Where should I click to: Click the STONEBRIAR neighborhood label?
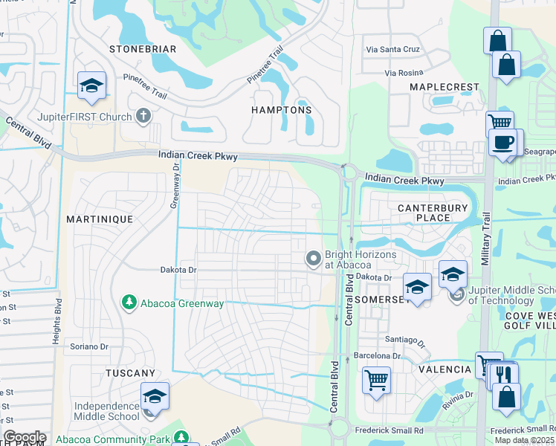pyautogui.click(x=143, y=49)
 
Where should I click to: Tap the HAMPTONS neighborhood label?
pyautogui.click(x=281, y=109)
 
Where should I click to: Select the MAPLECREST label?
pyautogui.click(x=445, y=87)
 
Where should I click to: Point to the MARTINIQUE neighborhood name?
pyautogui.click(x=99, y=219)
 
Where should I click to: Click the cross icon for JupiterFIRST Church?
pyautogui.click(x=143, y=116)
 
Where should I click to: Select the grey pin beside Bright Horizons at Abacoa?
pyautogui.click(x=313, y=259)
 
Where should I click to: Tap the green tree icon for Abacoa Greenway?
pyautogui.click(x=129, y=302)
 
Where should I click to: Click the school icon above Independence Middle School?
pyautogui.click(x=155, y=395)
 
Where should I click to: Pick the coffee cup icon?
pyautogui.click(x=502, y=142)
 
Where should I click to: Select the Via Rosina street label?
pyautogui.click(x=404, y=72)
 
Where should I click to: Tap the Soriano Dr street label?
pyautogui.click(x=89, y=346)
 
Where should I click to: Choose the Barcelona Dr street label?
pyautogui.click(x=382, y=355)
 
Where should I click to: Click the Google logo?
pyautogui.click(x=25, y=437)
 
